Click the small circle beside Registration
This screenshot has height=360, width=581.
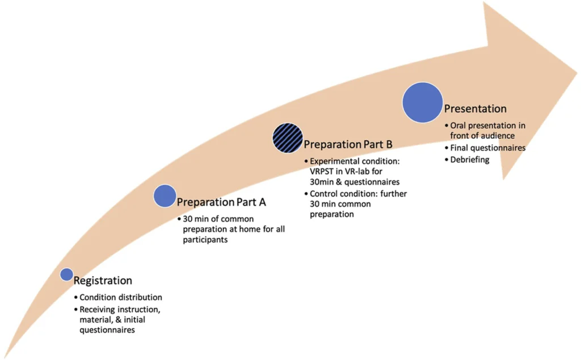tap(66, 274)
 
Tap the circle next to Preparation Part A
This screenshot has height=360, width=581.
tap(165, 196)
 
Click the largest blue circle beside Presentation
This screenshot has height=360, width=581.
tap(422, 102)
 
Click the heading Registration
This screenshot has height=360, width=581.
tap(103, 281)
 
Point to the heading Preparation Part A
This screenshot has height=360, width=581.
tap(221, 202)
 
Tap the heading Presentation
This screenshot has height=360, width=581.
tap(475, 108)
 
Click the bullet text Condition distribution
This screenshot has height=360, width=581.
tap(121, 297)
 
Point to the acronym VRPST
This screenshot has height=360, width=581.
tap(322, 172)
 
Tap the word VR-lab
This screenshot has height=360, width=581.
tap(359, 172)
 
